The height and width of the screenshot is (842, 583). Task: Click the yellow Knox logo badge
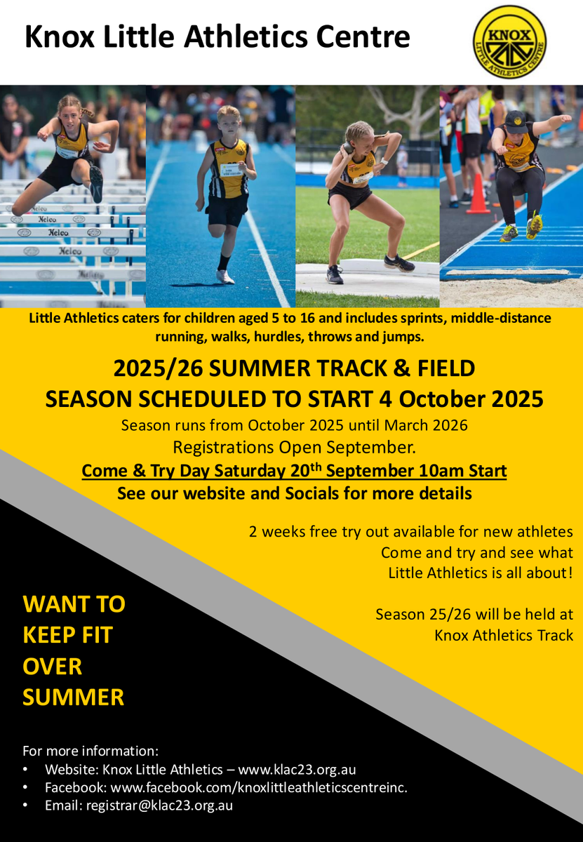point(509,42)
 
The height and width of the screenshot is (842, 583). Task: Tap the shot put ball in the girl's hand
point(349,147)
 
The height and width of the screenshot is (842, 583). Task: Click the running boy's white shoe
point(225,276)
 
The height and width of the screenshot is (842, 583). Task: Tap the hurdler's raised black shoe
point(95,184)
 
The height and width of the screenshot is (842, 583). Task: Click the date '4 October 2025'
point(461,399)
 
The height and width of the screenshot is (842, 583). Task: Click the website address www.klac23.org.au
point(297,770)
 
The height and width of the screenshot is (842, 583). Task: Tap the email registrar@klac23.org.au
point(159,806)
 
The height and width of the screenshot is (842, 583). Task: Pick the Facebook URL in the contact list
point(259,787)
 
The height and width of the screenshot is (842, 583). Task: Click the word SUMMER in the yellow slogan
point(73,697)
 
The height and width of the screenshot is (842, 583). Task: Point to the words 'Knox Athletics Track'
point(504,635)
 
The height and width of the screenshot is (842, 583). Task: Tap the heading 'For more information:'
point(91,751)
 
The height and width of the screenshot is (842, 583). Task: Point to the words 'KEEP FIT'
point(67,635)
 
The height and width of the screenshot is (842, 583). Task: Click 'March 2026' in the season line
point(426,425)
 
